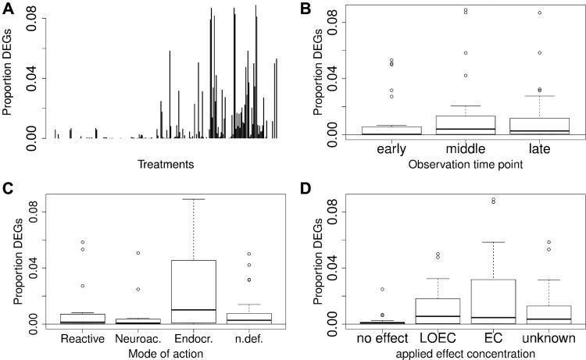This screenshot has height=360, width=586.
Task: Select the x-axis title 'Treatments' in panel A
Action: point(165,164)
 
